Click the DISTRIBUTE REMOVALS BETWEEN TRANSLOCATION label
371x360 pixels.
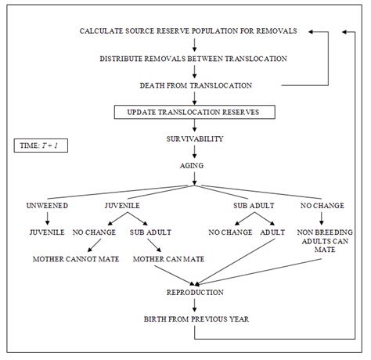point(194,59)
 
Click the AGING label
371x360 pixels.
point(193,165)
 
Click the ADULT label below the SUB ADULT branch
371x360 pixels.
point(273,232)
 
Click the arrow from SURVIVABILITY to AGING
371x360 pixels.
point(193,152)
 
